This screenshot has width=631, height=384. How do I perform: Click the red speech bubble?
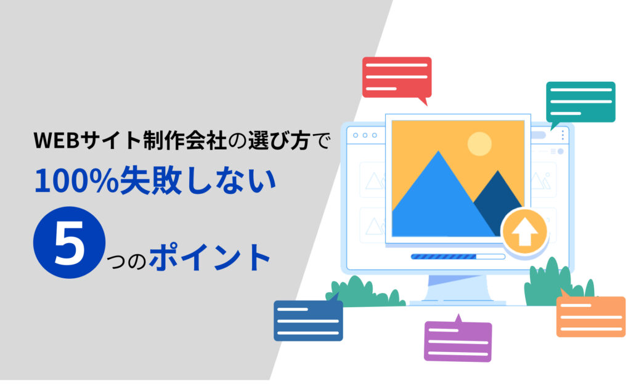pyautogui.click(x=396, y=77)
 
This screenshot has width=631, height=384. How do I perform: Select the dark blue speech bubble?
pyautogui.click(x=308, y=320)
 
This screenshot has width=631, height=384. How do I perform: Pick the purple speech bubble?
pyautogui.click(x=458, y=341)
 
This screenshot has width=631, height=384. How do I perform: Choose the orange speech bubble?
pyautogui.click(x=590, y=316)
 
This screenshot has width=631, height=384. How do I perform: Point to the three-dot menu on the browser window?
pyautogui.click(x=562, y=135)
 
